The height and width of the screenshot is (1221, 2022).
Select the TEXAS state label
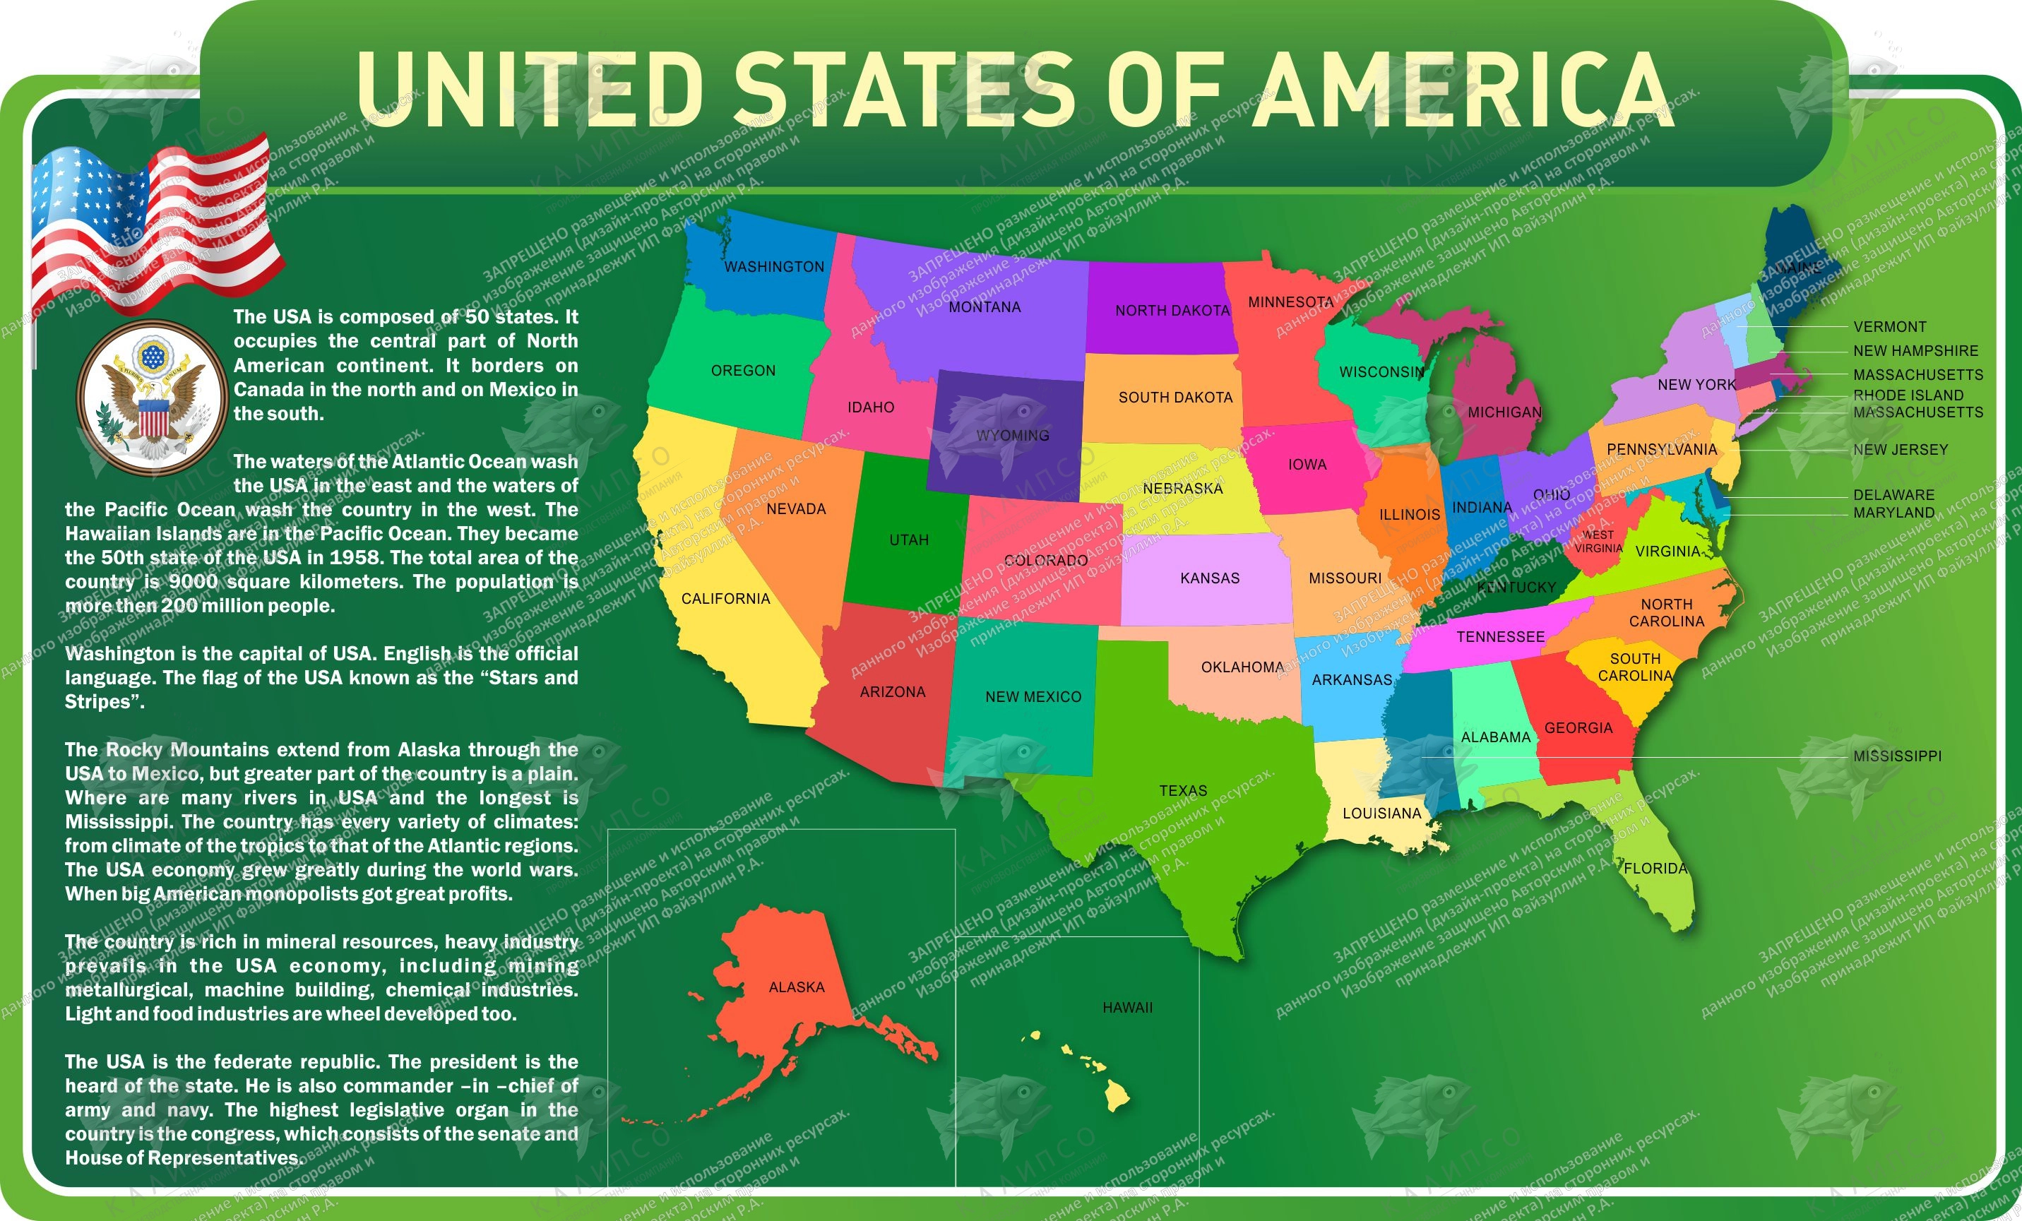coord(1182,791)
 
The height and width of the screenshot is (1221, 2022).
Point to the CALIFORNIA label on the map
coord(725,599)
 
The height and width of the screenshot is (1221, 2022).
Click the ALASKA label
coord(796,987)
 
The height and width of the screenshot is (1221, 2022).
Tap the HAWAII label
coord(1127,1008)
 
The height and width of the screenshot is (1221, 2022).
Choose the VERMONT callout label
coord(1889,326)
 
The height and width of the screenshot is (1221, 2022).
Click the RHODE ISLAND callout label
coord(1908,395)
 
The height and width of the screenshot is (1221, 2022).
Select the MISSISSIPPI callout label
coord(1897,756)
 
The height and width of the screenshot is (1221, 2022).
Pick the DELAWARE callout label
coord(1893,495)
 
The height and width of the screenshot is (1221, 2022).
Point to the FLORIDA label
coord(1655,868)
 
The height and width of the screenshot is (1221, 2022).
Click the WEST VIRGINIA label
coord(1598,542)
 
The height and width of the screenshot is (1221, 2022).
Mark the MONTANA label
coord(984,308)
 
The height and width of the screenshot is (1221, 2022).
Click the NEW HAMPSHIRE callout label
coord(1915,351)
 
